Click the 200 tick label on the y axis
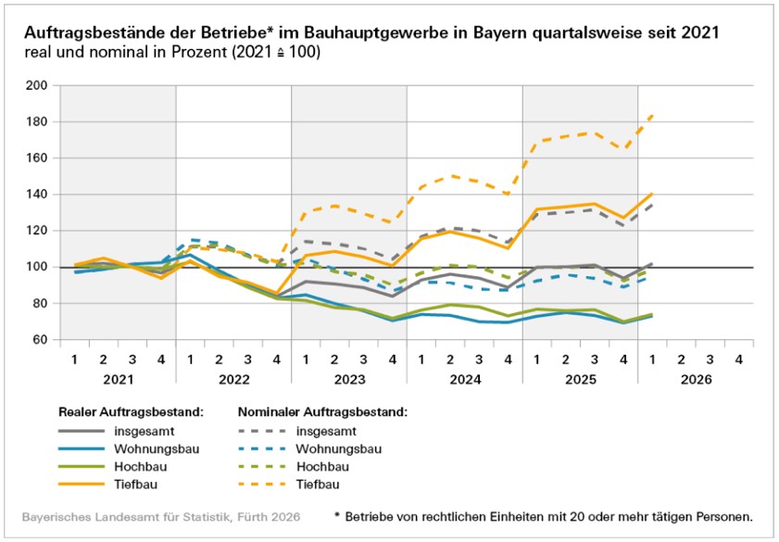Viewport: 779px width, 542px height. click(36, 85)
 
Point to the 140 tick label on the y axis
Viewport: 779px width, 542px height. click(36, 195)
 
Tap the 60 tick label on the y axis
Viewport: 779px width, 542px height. click(39, 340)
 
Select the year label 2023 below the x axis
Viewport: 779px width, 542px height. click(349, 380)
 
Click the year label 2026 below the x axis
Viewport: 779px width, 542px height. click(696, 380)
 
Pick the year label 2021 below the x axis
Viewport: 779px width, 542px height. click(119, 380)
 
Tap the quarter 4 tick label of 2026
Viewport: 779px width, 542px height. click(739, 359)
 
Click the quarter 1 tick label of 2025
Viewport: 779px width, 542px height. click(536, 359)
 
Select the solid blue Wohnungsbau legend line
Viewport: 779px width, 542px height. click(82, 449)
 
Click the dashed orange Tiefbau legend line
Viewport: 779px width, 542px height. click(262, 484)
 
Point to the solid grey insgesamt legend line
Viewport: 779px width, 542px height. click(82, 431)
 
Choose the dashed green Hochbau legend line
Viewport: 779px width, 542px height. click(262, 466)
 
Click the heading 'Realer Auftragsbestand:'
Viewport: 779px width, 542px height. click(132, 412)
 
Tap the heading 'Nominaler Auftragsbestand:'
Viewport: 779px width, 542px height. click(323, 412)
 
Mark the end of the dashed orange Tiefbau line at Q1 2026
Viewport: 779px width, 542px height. click(652, 115)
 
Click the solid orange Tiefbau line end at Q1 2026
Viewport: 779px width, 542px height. click(652, 194)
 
